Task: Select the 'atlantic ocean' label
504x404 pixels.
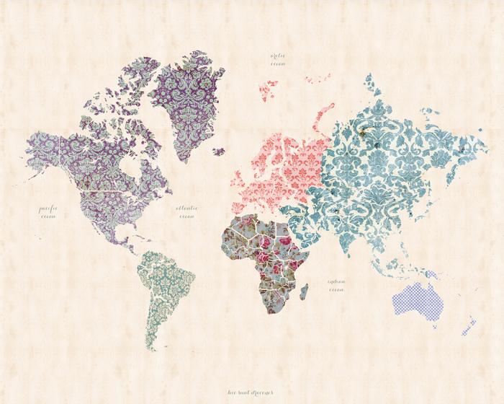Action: (x=186, y=211)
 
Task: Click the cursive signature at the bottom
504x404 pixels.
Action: (x=251, y=393)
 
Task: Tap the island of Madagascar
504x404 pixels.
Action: (x=304, y=291)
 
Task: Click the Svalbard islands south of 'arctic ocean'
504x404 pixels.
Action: (x=268, y=89)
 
